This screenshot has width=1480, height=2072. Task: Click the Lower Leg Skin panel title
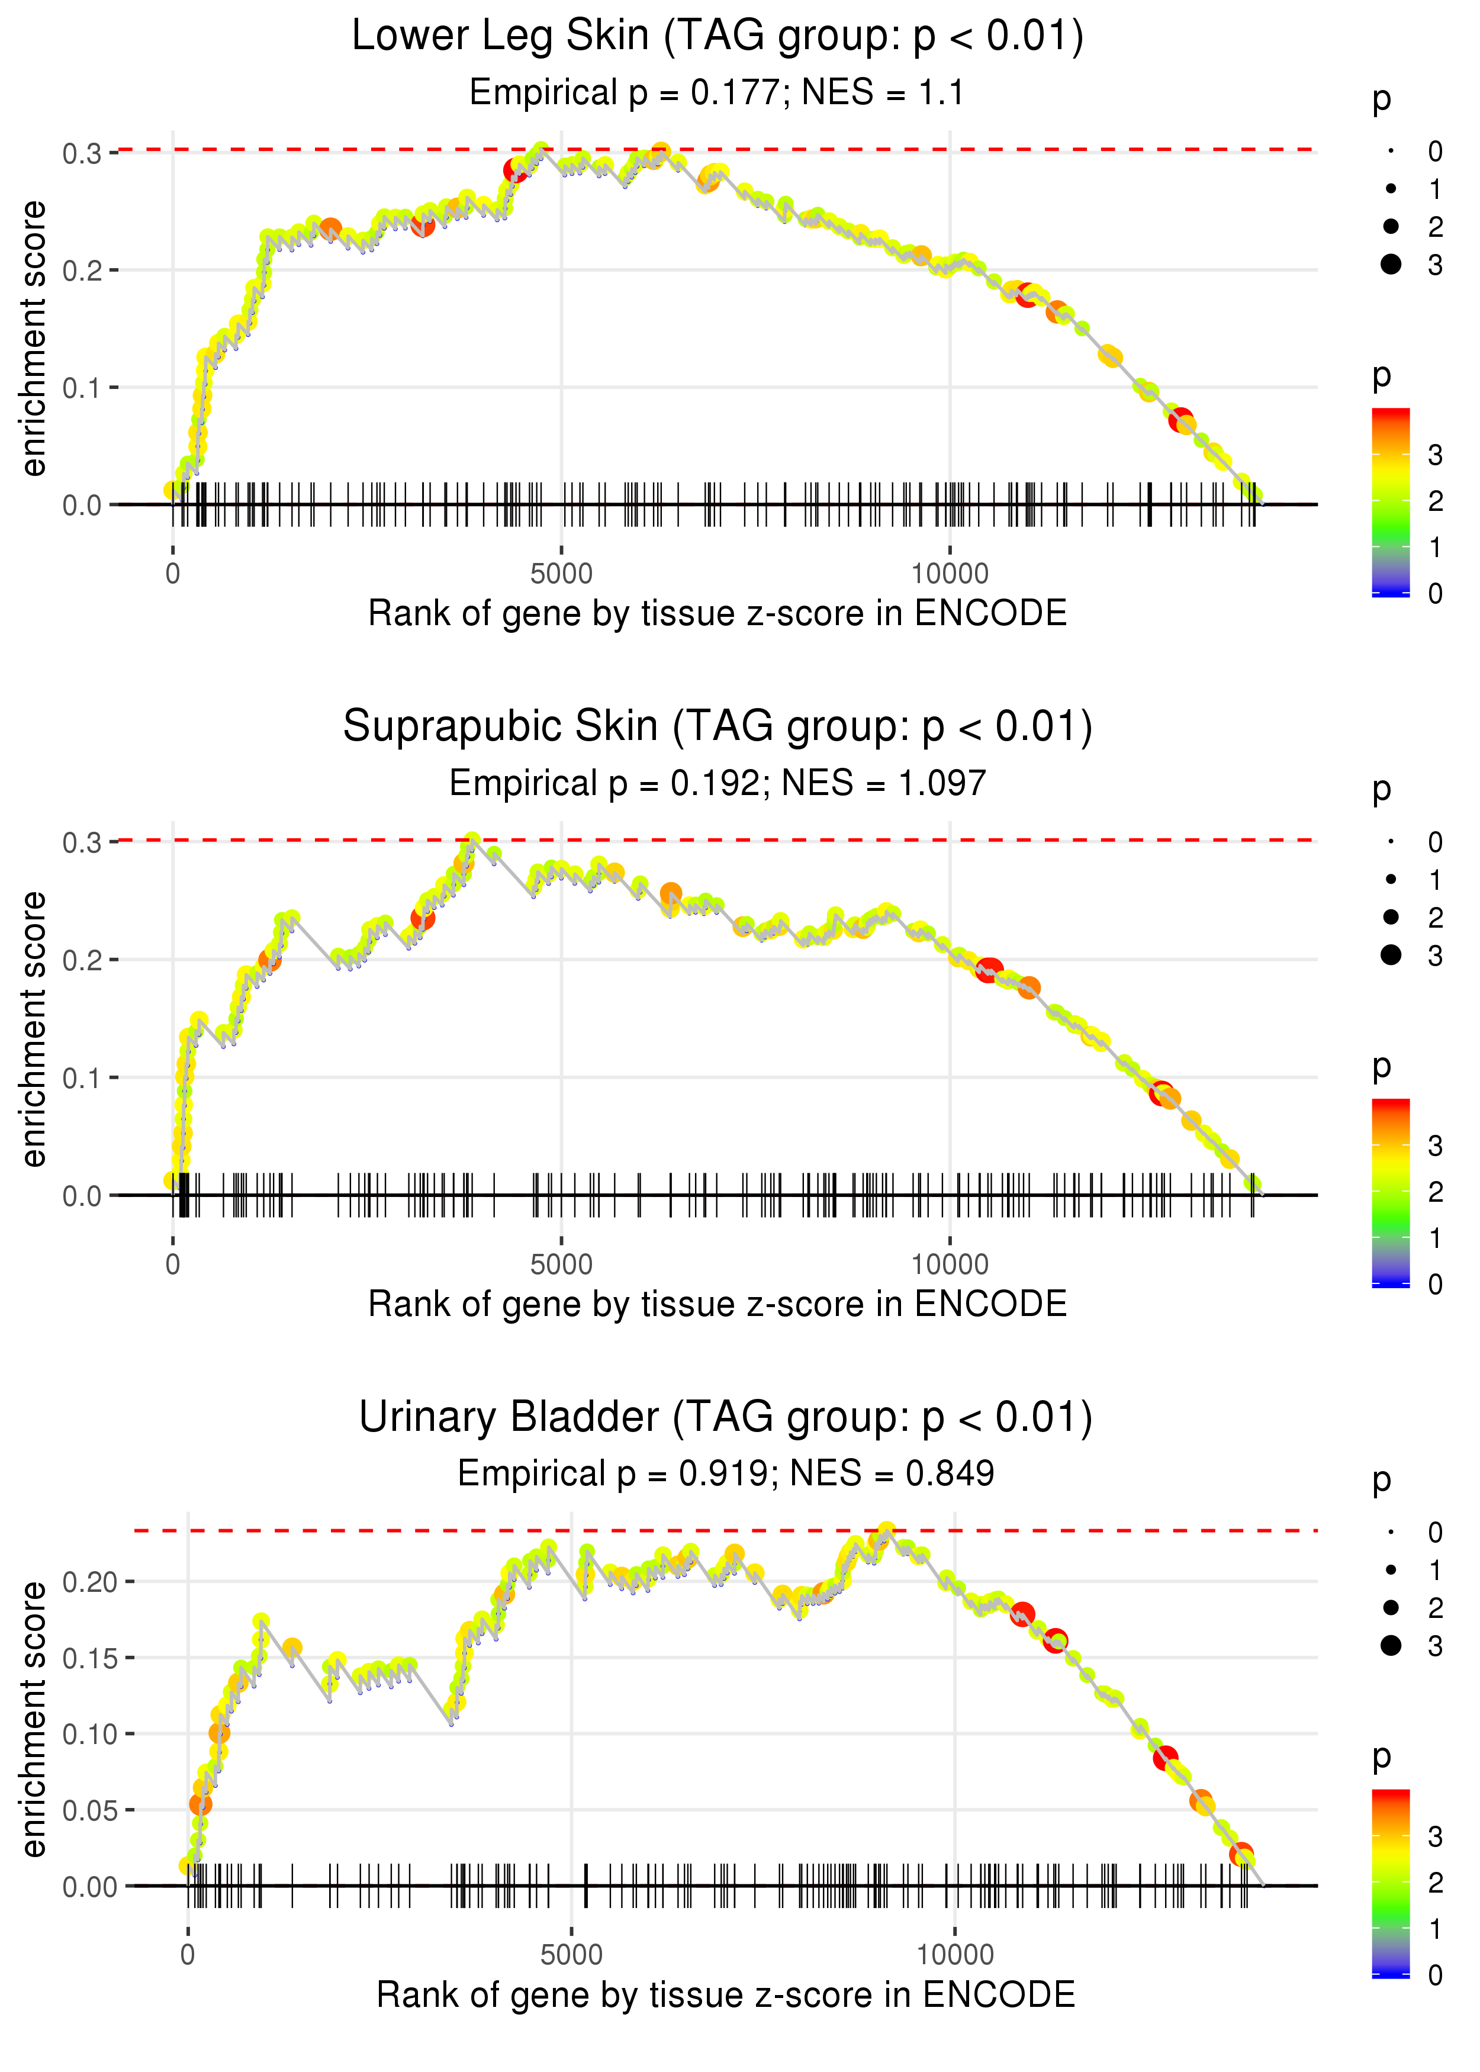(718, 37)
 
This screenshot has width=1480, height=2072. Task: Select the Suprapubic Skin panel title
(718, 727)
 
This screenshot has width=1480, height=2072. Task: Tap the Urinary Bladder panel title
(725, 1418)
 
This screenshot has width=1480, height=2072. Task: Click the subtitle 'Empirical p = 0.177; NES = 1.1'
(718, 93)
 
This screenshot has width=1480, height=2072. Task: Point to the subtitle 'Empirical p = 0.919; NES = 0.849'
(725, 1473)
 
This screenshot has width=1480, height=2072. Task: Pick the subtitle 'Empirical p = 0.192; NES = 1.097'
(718, 784)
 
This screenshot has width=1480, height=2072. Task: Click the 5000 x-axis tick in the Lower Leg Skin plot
(561, 574)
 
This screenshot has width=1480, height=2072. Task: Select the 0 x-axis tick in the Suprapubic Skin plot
(173, 1265)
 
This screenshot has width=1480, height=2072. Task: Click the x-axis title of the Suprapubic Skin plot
(718, 1304)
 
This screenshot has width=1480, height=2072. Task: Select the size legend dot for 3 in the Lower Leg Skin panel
(1391, 264)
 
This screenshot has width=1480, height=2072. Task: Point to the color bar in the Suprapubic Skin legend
(1391, 1192)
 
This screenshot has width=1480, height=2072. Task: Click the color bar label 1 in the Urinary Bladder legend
(1436, 1929)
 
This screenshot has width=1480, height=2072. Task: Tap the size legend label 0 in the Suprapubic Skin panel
(1436, 842)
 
